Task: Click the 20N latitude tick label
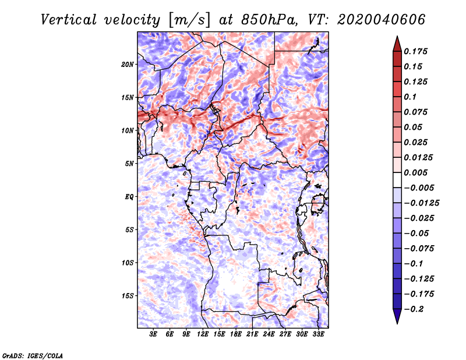click(x=128, y=64)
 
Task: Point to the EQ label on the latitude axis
click(x=129, y=197)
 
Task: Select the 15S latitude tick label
click(x=128, y=296)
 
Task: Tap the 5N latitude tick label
click(x=129, y=164)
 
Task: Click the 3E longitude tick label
click(x=154, y=334)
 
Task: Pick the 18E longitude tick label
click(x=236, y=334)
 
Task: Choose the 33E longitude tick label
click(x=318, y=334)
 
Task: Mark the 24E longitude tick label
click(x=269, y=334)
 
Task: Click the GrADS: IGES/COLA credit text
click(x=33, y=355)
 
